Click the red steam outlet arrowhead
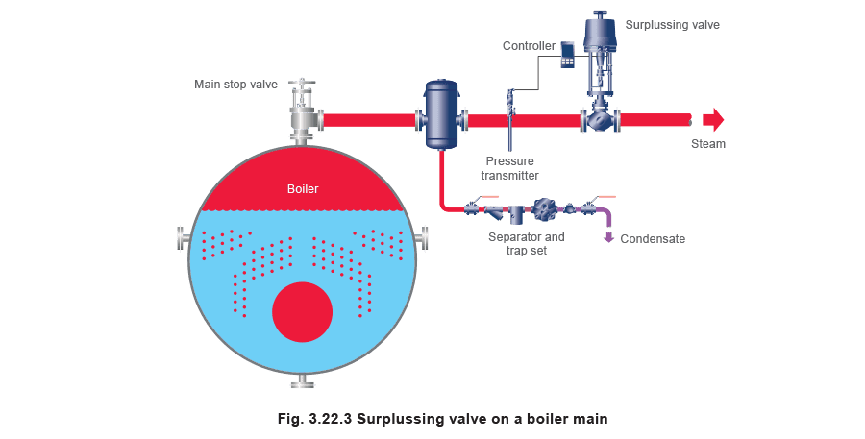pos(714,120)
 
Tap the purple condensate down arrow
pos(608,237)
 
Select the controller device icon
pos(567,54)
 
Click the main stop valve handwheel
pos(301,83)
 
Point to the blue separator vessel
pos(441,114)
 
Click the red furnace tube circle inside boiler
pos(303,311)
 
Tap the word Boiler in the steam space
pos(303,189)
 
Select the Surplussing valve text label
pos(672,25)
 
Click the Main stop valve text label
pos(235,85)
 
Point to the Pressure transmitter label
pos(509,168)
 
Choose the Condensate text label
pos(653,239)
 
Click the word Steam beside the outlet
pos(708,144)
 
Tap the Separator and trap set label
pos(527,244)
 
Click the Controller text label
pos(529,46)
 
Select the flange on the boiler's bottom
pos(303,380)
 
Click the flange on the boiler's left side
pos(184,238)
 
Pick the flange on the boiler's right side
pos(422,238)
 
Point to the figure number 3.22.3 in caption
pos(330,419)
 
